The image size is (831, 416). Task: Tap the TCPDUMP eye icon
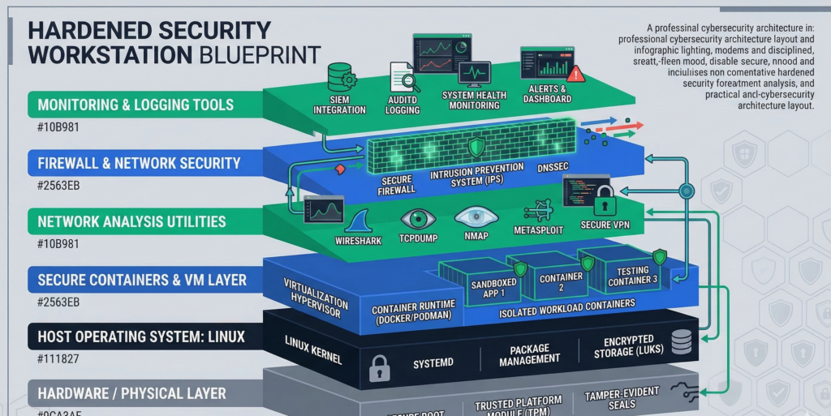(418, 218)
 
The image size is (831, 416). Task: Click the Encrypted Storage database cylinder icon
(682, 343)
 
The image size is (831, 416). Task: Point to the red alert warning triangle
(575, 75)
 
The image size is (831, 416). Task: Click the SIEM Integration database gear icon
(341, 79)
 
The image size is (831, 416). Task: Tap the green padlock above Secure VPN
(604, 199)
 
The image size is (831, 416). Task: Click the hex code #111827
(54, 359)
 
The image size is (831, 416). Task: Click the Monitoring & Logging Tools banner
(136, 105)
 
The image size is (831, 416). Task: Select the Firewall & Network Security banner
(139, 163)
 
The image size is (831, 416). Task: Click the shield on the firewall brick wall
(476, 146)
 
